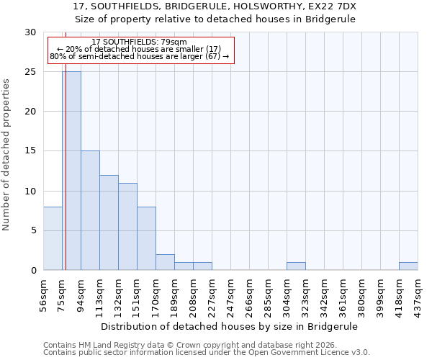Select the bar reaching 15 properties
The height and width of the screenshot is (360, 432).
[x=90, y=210]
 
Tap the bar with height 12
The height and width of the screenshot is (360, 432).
[x=109, y=222]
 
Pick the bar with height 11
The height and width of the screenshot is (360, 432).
[x=127, y=226]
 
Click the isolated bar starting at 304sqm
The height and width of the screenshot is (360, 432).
[x=296, y=266]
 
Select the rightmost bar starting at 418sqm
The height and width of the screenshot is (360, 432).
[x=408, y=266]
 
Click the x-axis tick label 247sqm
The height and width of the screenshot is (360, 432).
[x=231, y=294]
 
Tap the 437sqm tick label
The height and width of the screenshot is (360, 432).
[x=418, y=294]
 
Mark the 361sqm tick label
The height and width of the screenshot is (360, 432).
[x=343, y=294]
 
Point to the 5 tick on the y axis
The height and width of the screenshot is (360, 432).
[x=32, y=231]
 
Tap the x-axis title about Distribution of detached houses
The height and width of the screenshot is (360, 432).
[x=230, y=326]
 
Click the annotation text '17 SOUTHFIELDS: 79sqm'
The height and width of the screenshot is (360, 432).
[x=140, y=42]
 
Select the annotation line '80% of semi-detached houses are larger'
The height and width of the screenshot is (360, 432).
[x=140, y=56]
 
